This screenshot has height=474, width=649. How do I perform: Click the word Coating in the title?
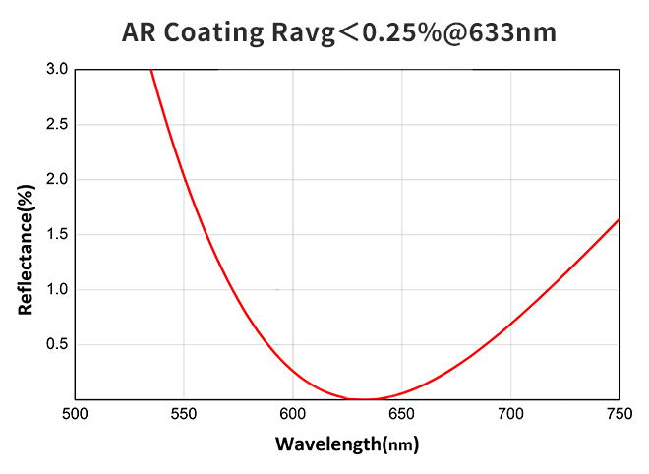(x=208, y=32)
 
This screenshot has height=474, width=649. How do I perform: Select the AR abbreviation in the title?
(x=138, y=32)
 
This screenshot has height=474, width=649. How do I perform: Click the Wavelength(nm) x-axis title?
(x=347, y=444)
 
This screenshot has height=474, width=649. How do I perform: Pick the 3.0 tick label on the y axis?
(x=57, y=70)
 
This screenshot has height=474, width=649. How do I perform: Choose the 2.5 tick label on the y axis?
(x=57, y=125)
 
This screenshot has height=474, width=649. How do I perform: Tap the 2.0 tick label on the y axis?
(x=57, y=180)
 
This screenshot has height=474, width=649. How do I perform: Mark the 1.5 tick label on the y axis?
(x=57, y=235)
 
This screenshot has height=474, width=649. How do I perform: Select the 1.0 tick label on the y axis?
(x=57, y=290)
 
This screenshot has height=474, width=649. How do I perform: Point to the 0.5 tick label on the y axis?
(x=57, y=345)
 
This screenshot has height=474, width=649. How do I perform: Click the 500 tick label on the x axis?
(x=76, y=414)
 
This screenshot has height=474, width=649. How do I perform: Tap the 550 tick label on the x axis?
(x=185, y=414)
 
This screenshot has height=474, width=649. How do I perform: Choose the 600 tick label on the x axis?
(x=293, y=414)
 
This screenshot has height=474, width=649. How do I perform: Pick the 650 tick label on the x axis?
(x=402, y=414)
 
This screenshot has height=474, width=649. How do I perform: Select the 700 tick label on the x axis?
(x=510, y=414)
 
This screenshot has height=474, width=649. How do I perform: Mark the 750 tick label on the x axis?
(x=619, y=414)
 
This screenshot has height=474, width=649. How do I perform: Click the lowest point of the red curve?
(x=365, y=399)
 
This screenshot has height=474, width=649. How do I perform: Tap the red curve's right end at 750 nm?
(x=619, y=219)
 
